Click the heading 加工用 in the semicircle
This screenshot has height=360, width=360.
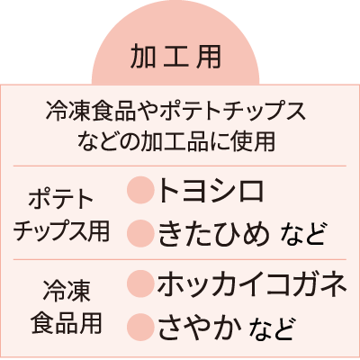pos(175,57)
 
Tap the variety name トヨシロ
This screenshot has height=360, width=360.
pos(211,190)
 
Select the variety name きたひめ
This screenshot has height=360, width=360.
pos(213,234)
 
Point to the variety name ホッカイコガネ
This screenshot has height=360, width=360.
pos(252,283)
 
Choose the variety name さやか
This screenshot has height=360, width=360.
pos(200,328)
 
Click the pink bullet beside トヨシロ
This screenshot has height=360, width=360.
pos(139,190)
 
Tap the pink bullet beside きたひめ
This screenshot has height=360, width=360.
pos(139,234)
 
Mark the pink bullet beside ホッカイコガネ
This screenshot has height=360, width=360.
pos(139,283)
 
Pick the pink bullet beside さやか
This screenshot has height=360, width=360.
pos(139,327)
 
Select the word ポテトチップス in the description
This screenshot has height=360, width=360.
pos(233,112)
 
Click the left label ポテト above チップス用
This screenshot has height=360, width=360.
pos(61,200)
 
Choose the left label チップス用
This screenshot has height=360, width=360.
pos(61,231)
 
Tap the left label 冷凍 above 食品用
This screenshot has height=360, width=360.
pos(67,292)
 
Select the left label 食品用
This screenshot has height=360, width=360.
pos(67,323)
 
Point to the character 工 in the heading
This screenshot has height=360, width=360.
pos(176,57)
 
